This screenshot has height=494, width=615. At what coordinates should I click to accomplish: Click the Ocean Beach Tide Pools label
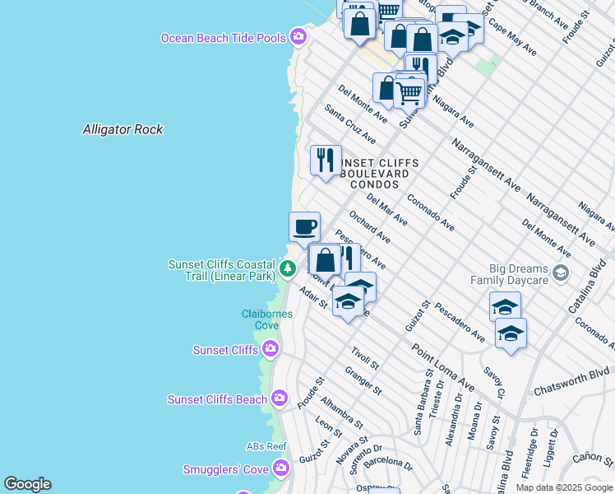pos(223,38)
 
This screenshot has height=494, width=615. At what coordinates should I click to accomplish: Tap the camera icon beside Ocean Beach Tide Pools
pos(298,37)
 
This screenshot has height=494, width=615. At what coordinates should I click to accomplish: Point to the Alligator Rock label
pos(123,129)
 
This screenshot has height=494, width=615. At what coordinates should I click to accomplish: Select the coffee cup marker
pos(304,226)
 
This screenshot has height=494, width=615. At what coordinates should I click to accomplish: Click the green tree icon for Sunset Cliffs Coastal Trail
pos(287,268)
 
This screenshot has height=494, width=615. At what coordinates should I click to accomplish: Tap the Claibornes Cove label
pos(261,319)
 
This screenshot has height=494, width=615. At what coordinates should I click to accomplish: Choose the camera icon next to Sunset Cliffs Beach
pos(280,399)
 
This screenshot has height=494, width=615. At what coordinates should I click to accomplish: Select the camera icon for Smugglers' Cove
pos(282,468)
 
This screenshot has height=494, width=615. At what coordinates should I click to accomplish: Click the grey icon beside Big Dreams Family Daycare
pos(561,273)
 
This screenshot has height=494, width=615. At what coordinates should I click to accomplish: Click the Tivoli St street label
pos(364,358)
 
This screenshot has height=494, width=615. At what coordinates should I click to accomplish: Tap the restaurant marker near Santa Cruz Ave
pos(326,161)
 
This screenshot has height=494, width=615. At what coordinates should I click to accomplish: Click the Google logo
pos(27,484)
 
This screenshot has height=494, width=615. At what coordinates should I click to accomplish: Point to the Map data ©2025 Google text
pos(563,487)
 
